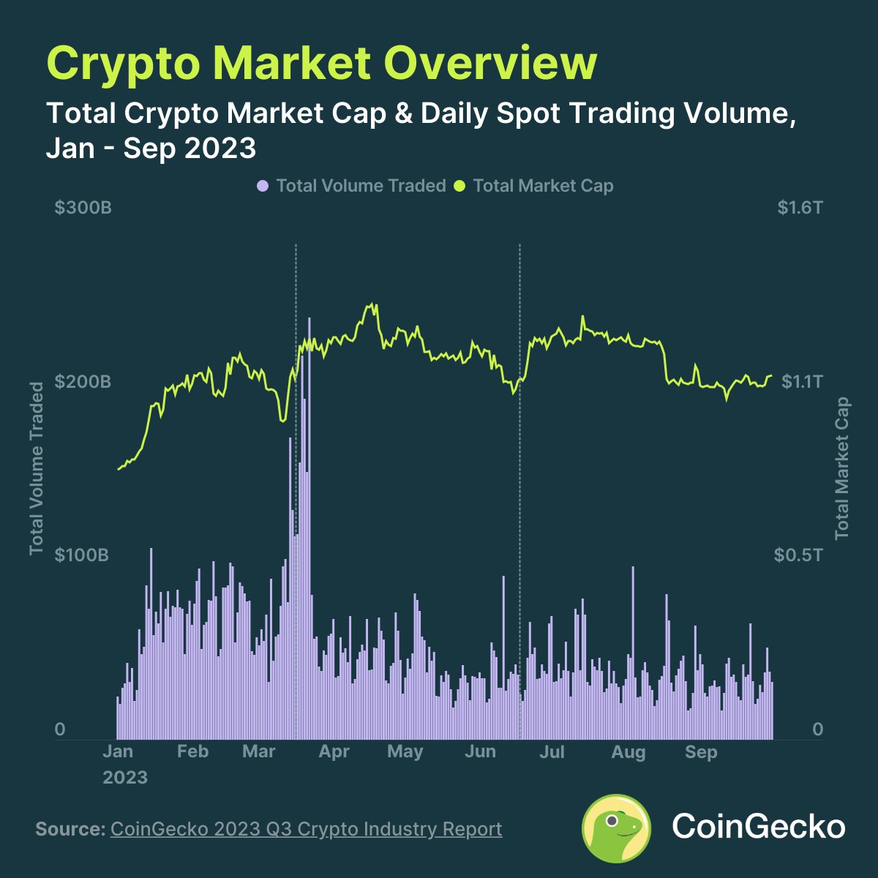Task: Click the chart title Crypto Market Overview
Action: pos(322,63)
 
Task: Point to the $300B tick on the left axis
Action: pos(83,209)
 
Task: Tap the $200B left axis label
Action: pos(83,382)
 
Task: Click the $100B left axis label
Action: pos(83,555)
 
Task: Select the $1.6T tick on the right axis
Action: pos(800,209)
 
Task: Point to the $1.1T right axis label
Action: pos(802,382)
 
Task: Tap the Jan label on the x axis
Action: pos(118,751)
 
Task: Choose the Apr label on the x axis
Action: pos(334,751)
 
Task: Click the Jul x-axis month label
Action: pos(552,751)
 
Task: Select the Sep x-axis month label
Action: pos(701,751)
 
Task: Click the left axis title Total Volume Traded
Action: pos(37,468)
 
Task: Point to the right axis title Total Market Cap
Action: pos(842,468)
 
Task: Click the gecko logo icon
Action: pos(616,828)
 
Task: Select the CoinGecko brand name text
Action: pos(759,828)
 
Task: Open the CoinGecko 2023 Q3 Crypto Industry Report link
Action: pos(306,829)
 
